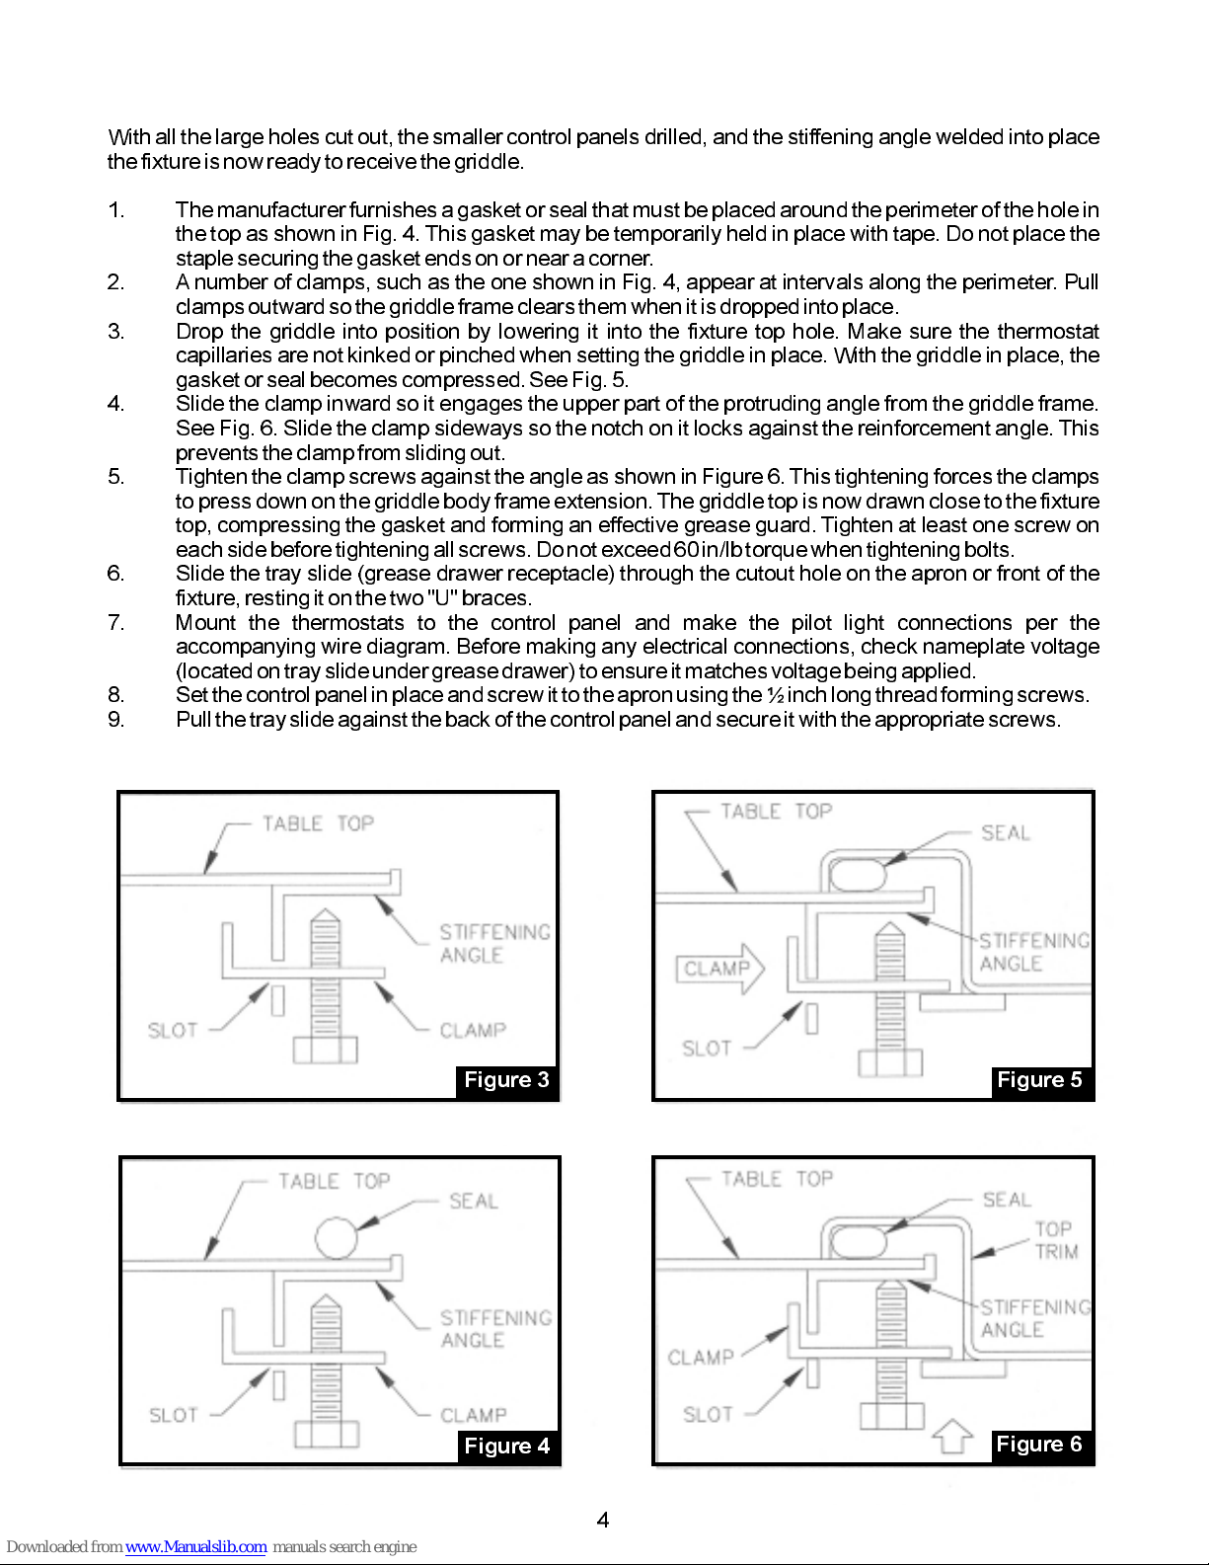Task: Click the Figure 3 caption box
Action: pyautogui.click(x=506, y=1080)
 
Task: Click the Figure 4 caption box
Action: pyautogui.click(x=506, y=1447)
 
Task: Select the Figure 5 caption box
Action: pyautogui.click(x=1039, y=1080)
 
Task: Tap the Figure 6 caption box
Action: pyautogui.click(x=1039, y=1445)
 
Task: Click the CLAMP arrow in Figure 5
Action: pyautogui.click(x=719, y=969)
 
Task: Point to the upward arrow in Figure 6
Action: pyautogui.click(x=952, y=1436)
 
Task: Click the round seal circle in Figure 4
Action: pyautogui.click(x=337, y=1237)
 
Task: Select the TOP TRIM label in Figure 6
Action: pyautogui.click(x=1056, y=1240)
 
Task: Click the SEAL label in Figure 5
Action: pyautogui.click(x=1005, y=833)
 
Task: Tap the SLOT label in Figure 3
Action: pyautogui.click(x=173, y=1031)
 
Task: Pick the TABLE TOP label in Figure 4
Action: pyautogui.click(x=334, y=1182)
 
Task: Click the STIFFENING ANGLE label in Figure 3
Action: pyautogui.click(x=493, y=944)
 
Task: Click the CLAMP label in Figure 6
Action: pyautogui.click(x=700, y=1358)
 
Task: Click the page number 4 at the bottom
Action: pyautogui.click(x=603, y=1521)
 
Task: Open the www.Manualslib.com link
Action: pyautogui.click(x=195, y=1547)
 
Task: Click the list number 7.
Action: pyautogui.click(x=116, y=623)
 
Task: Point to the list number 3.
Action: pyautogui.click(x=116, y=332)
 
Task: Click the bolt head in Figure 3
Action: pyautogui.click(x=326, y=1050)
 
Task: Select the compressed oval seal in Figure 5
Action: pyautogui.click(x=855, y=874)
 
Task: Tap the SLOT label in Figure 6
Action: pyautogui.click(x=708, y=1415)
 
